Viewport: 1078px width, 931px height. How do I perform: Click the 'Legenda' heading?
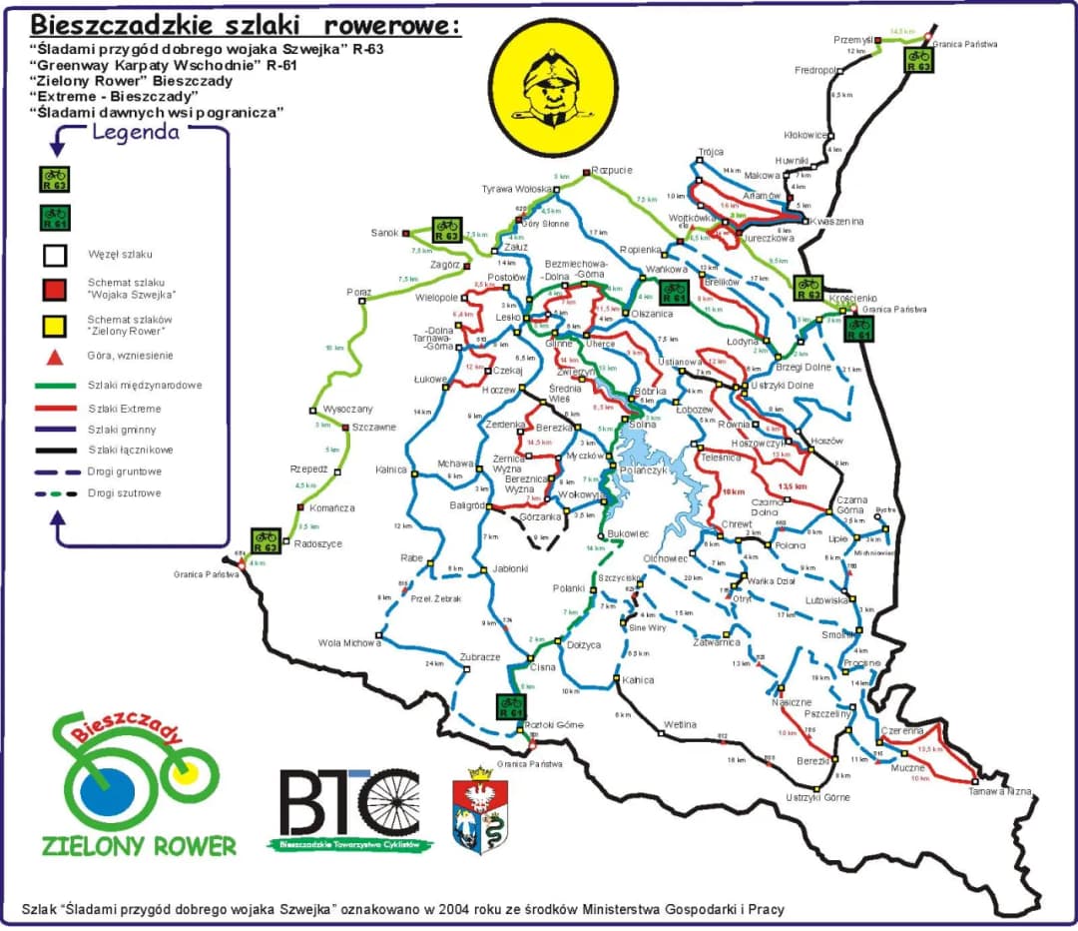[136, 133]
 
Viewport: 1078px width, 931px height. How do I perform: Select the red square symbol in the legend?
[54, 290]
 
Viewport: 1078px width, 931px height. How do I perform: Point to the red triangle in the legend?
[54, 356]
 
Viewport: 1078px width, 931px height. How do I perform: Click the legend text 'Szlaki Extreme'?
[125, 409]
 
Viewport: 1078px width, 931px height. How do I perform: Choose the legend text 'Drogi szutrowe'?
[125, 493]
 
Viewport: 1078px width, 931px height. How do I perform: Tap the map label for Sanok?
[384, 233]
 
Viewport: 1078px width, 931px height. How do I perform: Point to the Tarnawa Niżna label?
[999, 791]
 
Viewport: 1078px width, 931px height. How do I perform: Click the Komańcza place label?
[332, 507]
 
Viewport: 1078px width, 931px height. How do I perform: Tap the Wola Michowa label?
[350, 643]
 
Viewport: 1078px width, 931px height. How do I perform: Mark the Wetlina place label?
[679, 723]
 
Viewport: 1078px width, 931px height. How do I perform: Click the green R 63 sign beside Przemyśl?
[918, 59]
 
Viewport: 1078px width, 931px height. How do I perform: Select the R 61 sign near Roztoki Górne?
[512, 707]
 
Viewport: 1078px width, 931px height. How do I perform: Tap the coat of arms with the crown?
[481, 810]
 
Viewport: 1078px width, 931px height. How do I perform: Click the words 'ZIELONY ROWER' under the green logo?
[139, 845]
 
